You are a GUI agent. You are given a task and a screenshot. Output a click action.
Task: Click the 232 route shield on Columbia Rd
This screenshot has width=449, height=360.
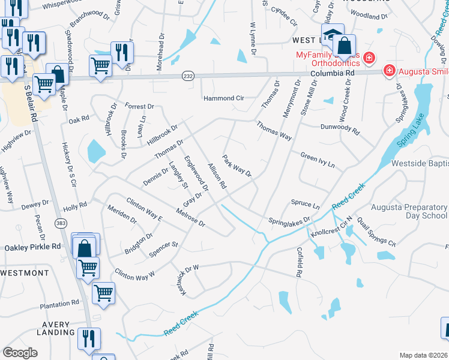188,76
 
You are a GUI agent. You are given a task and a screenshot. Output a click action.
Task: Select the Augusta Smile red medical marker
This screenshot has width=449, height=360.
390,71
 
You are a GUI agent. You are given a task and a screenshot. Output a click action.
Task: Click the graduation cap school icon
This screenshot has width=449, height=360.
332,34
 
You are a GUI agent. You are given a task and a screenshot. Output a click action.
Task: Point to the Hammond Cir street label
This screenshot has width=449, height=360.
223,98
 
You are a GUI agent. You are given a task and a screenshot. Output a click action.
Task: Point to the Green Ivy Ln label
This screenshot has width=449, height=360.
317,160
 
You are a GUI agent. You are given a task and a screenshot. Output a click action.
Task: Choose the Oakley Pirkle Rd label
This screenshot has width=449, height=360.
33,247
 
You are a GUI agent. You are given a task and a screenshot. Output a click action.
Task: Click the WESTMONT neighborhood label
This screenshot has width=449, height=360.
25,273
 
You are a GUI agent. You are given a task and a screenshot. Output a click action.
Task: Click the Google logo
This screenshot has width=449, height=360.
20,352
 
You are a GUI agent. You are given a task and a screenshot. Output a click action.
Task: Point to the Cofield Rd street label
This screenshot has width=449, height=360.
298,262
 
